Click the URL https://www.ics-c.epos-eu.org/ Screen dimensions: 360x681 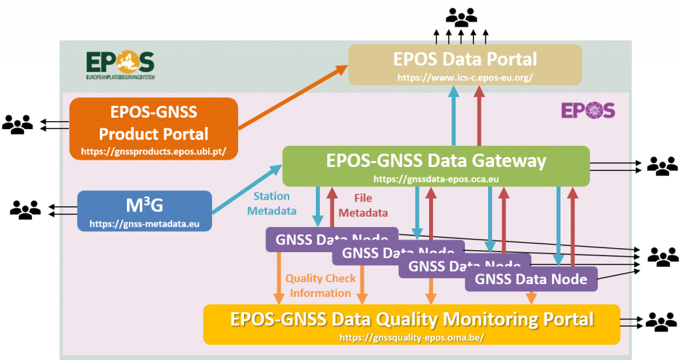point(465,77)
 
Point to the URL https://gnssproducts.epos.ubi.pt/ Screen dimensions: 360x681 point(154,152)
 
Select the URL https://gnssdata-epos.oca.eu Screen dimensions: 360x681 point(436,179)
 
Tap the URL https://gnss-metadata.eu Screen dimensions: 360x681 point(144,224)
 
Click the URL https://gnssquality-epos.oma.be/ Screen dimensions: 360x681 point(412,337)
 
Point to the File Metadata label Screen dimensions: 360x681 point(364,206)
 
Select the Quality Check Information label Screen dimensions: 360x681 point(321,285)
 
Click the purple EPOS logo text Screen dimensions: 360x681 point(588,110)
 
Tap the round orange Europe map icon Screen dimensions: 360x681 point(127,62)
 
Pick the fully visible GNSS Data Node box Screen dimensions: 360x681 point(531,279)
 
